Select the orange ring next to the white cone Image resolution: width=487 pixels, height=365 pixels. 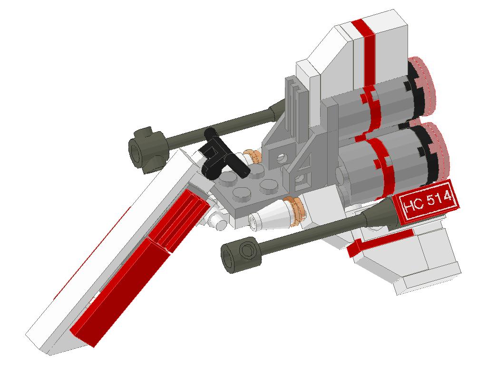(295, 209)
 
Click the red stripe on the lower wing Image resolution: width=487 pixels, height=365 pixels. (380, 240)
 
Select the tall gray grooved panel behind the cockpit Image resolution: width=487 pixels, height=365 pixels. (295, 109)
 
